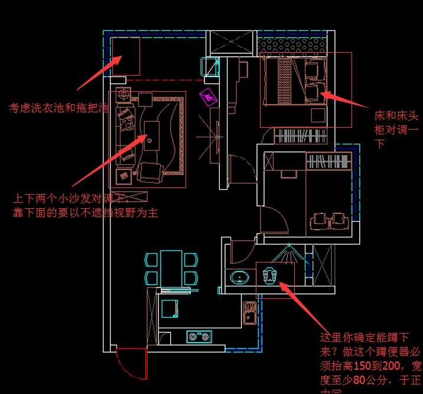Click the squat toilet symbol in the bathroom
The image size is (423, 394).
pos(269,275)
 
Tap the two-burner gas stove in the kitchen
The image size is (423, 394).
pos(199,337)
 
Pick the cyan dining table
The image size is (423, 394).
pos(171,267)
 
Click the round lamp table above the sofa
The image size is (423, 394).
pos(124,93)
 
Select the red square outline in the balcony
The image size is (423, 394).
pos(125,56)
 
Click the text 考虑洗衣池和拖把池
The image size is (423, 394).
pos(58,108)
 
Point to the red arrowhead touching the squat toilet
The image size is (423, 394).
pos(282,286)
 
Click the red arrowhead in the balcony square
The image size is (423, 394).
pos(120,59)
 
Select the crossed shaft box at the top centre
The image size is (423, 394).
pos(230,43)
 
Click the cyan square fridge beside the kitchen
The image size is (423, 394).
pos(170,308)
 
